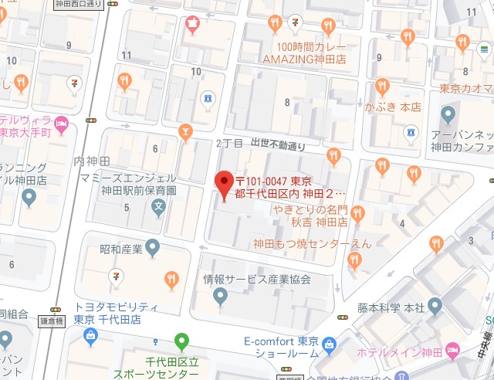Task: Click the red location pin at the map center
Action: [x=223, y=184]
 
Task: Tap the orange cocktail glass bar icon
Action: [x=184, y=132]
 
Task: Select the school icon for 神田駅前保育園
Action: [x=158, y=206]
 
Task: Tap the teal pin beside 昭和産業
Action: [x=153, y=247]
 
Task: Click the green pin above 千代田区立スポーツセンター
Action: [x=181, y=338]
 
